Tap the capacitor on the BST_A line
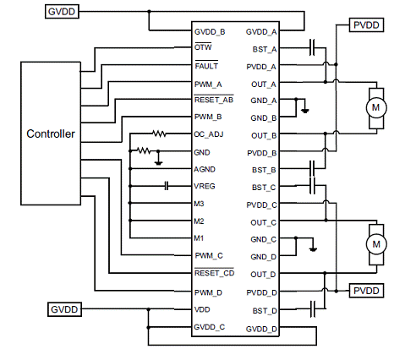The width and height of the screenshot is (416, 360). tap(312, 47)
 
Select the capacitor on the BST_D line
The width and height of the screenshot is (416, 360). tap(313, 309)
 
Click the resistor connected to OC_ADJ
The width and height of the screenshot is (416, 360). tap(159, 134)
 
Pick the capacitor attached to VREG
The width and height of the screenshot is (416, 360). tap(167, 186)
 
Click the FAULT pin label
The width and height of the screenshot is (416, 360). tap(206, 65)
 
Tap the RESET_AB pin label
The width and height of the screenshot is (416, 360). tap(214, 100)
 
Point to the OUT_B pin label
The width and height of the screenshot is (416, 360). tap(264, 136)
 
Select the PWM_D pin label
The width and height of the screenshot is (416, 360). tap(208, 292)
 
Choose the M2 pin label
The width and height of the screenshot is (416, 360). tap(199, 221)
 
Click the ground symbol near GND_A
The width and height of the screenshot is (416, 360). tap(305, 111)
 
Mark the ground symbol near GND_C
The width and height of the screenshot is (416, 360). tap(313, 249)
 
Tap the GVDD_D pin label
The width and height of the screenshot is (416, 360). tap(261, 329)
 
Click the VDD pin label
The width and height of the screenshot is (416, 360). tap(202, 309)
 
